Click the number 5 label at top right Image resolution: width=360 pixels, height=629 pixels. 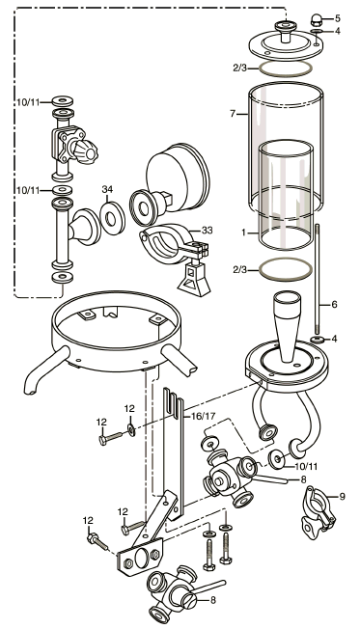click(338, 18)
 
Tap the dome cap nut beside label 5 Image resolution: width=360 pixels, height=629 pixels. click(318, 19)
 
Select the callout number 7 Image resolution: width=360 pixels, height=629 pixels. click(233, 114)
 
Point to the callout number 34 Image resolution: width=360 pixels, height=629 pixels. click(107, 189)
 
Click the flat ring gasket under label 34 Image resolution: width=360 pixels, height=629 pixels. click(112, 218)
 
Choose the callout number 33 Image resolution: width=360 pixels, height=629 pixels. click(208, 231)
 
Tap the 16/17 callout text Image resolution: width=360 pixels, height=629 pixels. click(203, 416)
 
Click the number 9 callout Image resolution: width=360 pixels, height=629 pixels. click(342, 496)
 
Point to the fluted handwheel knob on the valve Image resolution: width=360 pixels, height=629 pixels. click(86, 150)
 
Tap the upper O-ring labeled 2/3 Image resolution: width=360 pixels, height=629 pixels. click(286, 68)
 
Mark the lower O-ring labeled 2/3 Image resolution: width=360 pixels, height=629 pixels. click(286, 270)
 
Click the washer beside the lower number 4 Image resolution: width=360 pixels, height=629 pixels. click(318, 340)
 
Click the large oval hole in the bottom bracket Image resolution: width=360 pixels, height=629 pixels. click(141, 558)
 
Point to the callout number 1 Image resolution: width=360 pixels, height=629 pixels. click(243, 232)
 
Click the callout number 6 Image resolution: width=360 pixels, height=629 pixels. click(334, 305)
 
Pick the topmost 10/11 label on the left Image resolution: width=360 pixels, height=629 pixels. click(28, 102)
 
